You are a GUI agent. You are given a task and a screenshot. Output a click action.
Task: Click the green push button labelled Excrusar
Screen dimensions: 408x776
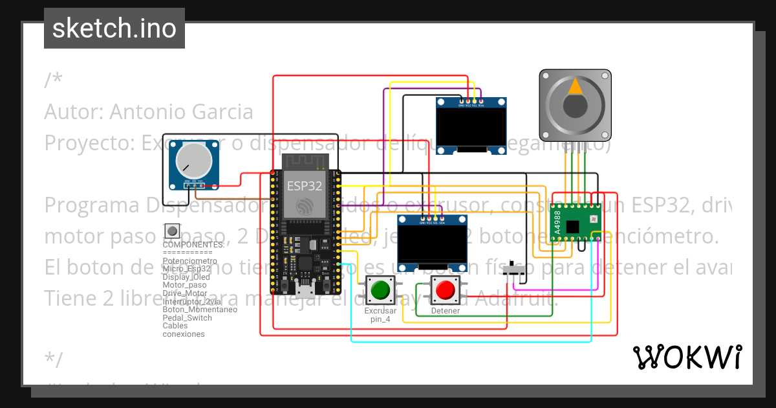pos(380,289)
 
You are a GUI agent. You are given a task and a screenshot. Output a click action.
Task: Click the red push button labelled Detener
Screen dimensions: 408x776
pos(445,290)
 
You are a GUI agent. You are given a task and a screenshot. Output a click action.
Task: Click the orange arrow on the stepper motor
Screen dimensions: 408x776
pos(574,87)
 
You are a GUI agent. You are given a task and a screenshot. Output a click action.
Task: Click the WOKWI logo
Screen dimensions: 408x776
pos(687,357)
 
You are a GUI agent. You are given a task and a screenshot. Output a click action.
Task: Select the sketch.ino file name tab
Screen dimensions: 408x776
pos(114,28)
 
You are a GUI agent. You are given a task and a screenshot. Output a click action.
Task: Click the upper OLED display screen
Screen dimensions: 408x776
pos(471,128)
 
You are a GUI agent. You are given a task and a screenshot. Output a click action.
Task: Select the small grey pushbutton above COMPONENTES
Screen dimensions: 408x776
pos(171,231)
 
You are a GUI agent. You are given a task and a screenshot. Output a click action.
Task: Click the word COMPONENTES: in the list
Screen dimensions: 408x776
pos(193,245)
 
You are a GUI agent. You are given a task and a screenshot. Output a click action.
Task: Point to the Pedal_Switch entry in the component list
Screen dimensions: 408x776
pos(188,318)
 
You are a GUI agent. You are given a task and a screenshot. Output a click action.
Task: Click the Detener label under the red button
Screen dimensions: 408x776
pos(445,311)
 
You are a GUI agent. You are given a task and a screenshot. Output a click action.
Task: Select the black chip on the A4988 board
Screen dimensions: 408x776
pos(572,226)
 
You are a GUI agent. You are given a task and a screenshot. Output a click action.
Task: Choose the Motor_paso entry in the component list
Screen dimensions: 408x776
pos(185,285)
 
